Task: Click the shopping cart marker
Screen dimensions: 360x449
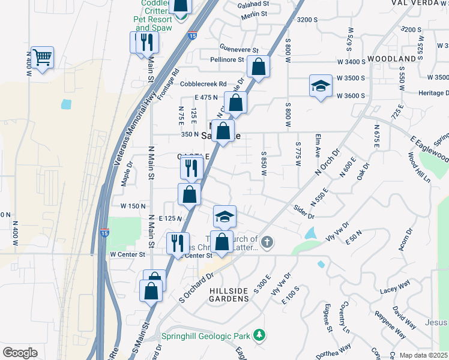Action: pyautogui.click(x=42, y=58)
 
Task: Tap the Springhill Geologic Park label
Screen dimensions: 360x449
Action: pyautogui.click(x=203, y=335)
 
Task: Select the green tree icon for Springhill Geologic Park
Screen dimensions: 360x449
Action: pyautogui.click(x=259, y=334)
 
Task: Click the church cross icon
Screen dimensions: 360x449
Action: pyautogui.click(x=267, y=243)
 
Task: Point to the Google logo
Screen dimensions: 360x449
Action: pyautogui.click(x=20, y=353)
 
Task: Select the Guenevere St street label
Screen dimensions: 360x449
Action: pyautogui.click(x=238, y=50)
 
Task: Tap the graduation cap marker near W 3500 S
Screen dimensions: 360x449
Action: pyautogui.click(x=321, y=85)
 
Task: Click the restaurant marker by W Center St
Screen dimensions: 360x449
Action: pyautogui.click(x=178, y=243)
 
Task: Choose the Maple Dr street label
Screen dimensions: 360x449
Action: pyautogui.click(x=127, y=178)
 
